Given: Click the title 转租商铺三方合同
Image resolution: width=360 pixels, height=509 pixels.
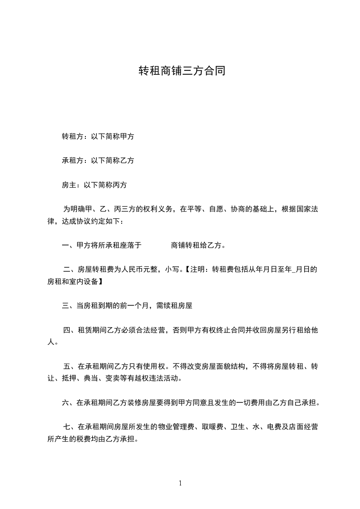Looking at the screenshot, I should (x=182, y=71).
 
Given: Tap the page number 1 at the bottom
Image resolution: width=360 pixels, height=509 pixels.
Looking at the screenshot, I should (x=180, y=483).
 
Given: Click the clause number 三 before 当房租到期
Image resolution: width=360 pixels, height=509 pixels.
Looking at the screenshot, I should (x=65, y=306).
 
